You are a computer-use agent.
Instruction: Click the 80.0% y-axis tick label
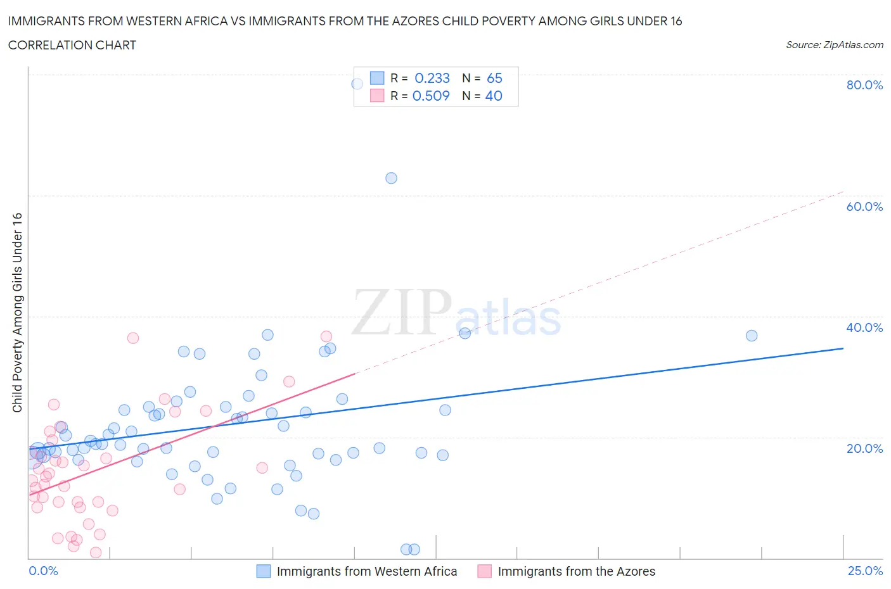pos(864,85)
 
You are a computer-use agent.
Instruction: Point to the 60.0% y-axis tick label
pos(864,206)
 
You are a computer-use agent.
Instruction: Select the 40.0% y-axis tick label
pos(864,327)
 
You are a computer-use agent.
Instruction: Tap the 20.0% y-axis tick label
pos(864,448)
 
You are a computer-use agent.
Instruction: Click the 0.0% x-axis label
pos(43,571)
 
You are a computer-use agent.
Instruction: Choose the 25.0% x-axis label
pos(865,571)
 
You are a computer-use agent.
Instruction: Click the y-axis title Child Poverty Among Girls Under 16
pos(17,312)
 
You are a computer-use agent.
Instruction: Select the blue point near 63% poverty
pos(391,178)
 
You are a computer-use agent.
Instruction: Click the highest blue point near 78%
pos(357,84)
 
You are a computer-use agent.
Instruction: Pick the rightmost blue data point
pos(752,336)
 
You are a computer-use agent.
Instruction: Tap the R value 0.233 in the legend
pos(432,78)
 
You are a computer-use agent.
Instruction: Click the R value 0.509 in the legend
pos(431,96)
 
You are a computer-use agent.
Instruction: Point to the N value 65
pos(494,78)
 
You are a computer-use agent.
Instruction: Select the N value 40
pos(494,96)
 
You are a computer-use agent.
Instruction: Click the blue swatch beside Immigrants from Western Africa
pos(263,571)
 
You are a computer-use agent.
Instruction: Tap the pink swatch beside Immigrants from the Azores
pos(484,571)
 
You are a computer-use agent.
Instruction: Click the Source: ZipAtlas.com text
pos(834,45)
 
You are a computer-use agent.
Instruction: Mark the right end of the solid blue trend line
pos(843,348)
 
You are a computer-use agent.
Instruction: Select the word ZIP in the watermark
pos(402,312)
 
